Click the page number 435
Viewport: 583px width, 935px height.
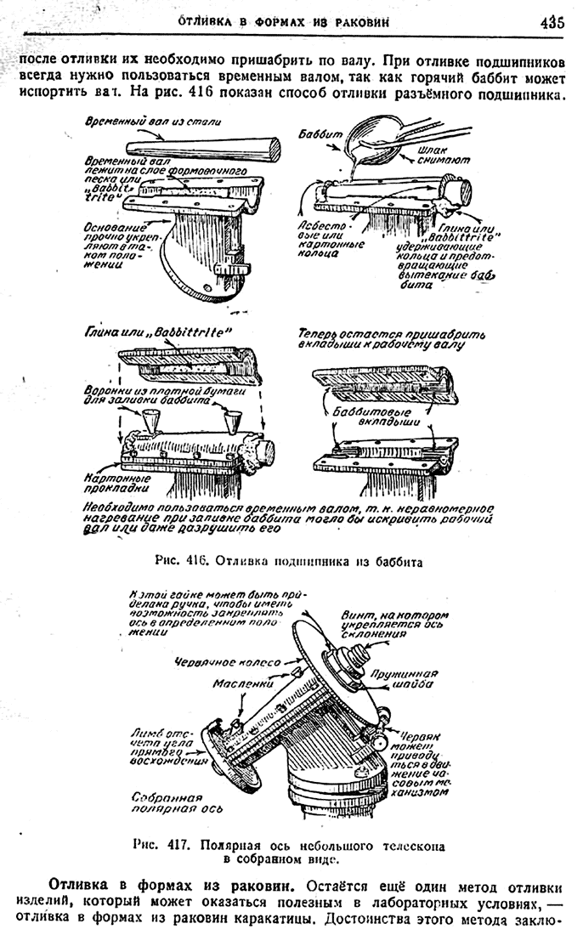coord(551,23)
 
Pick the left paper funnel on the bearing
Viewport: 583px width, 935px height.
coord(153,419)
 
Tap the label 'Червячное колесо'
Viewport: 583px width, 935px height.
coord(212,660)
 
